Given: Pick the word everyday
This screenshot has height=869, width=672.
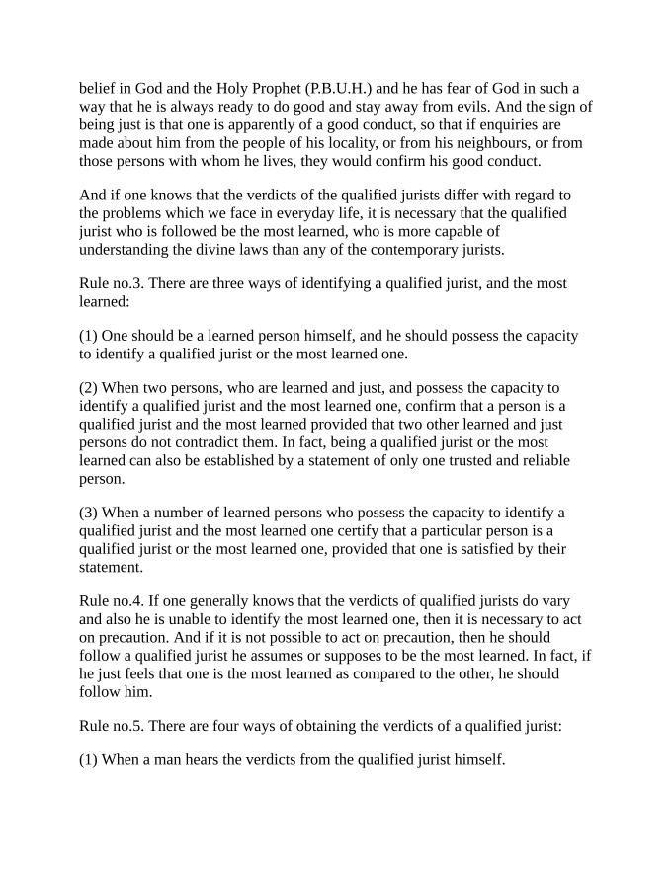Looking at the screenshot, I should tap(303, 213).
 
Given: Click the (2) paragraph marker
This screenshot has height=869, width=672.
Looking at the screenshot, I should tap(89, 389).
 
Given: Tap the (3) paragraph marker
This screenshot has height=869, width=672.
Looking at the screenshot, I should tap(89, 513).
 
